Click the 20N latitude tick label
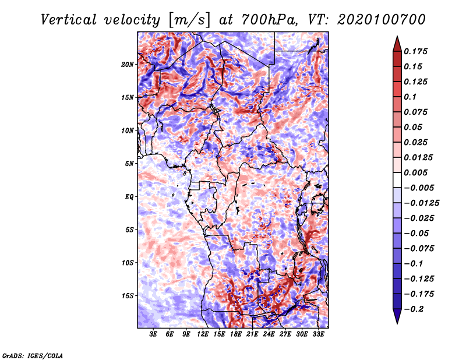(128, 65)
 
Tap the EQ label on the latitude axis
(129, 197)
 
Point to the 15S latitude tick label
(128, 296)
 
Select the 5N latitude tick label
(129, 164)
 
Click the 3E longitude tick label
(153, 334)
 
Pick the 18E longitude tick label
(236, 334)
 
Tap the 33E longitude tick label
(318, 334)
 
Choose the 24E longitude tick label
(269, 334)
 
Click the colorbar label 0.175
(415, 51)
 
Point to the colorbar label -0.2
(414, 309)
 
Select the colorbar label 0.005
(415, 172)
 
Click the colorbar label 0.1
(410, 97)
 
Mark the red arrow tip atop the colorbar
(397, 36)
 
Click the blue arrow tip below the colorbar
(397, 323)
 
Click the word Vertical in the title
(68, 20)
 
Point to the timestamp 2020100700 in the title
(382, 20)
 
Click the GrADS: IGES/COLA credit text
(33, 356)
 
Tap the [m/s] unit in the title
(189, 20)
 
